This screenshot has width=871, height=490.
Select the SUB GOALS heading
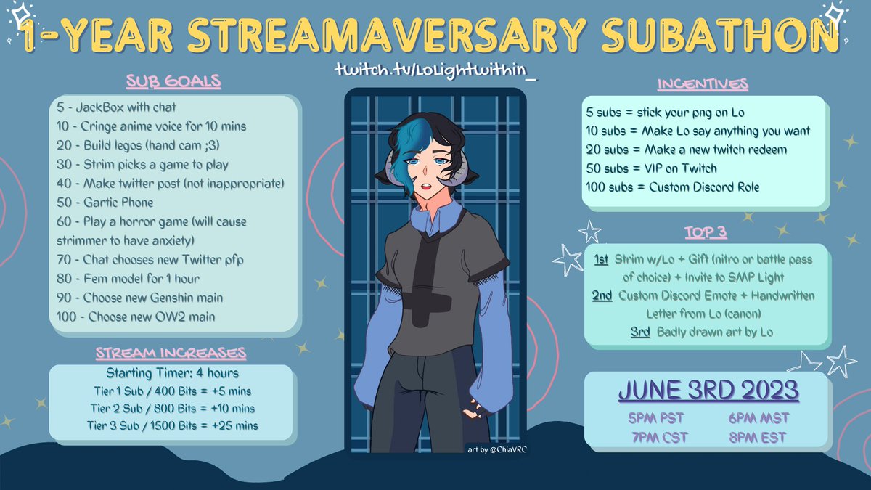[174, 81]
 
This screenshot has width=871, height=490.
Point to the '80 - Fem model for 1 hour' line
[128, 278]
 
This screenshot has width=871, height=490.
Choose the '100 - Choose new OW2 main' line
[136, 317]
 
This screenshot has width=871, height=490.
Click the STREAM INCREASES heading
[171, 354]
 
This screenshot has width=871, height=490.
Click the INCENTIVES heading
[703, 84]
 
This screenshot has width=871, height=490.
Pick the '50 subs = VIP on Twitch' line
[651, 168]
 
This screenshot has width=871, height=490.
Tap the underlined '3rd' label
[640, 332]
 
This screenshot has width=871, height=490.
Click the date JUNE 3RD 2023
[708, 390]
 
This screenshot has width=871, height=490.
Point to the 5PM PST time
[655, 418]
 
